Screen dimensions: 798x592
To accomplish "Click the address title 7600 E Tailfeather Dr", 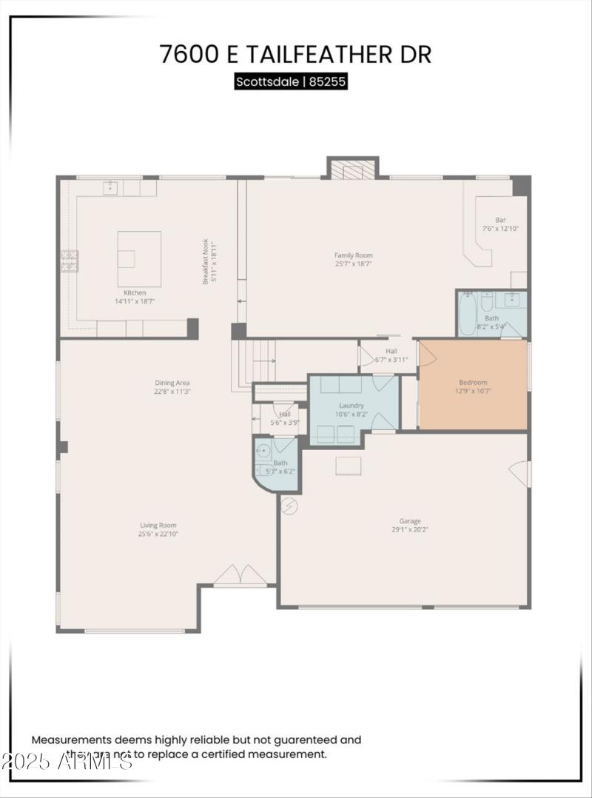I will click(x=295, y=54).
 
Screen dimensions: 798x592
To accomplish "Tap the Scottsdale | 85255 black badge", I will click(x=291, y=81).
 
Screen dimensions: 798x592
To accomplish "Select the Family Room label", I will click(x=353, y=255).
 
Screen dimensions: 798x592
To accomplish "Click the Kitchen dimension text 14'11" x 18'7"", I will click(x=135, y=301).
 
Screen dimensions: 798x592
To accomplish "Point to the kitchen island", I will click(x=139, y=258).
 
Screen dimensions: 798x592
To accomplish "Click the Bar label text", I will click(x=500, y=220).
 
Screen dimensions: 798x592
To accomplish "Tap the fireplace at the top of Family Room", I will click(x=353, y=169).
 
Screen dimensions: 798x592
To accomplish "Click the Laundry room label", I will click(x=351, y=406).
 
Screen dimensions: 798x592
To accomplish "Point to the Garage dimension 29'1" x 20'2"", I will click(x=410, y=529).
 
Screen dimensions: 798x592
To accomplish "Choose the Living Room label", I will click(x=158, y=526).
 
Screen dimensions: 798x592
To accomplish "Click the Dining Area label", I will click(x=172, y=383).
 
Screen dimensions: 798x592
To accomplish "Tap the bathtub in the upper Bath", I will click(x=467, y=314).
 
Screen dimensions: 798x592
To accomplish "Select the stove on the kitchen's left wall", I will click(x=69, y=260).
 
